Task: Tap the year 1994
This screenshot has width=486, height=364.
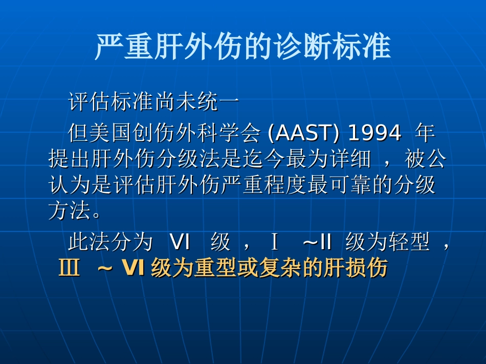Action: point(374,134)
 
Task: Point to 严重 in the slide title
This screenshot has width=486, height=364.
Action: point(124,47)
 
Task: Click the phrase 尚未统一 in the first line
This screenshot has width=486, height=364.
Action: point(196,102)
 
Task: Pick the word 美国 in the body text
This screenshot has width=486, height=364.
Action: point(111,134)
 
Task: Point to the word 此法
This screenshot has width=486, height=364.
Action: point(89,242)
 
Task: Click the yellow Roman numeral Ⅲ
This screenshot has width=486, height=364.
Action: point(70,269)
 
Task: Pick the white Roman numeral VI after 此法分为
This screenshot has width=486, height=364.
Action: point(180,242)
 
